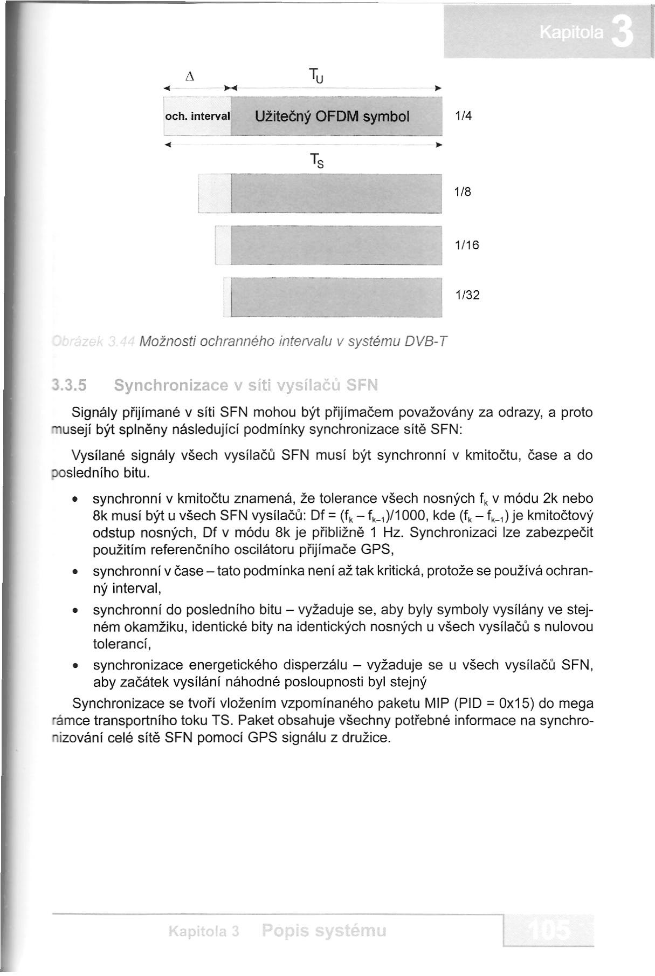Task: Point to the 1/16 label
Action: pos(466,245)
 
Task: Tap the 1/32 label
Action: pos(466,295)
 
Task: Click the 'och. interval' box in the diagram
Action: pos(197,116)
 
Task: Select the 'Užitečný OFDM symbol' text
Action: pos(333,116)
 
